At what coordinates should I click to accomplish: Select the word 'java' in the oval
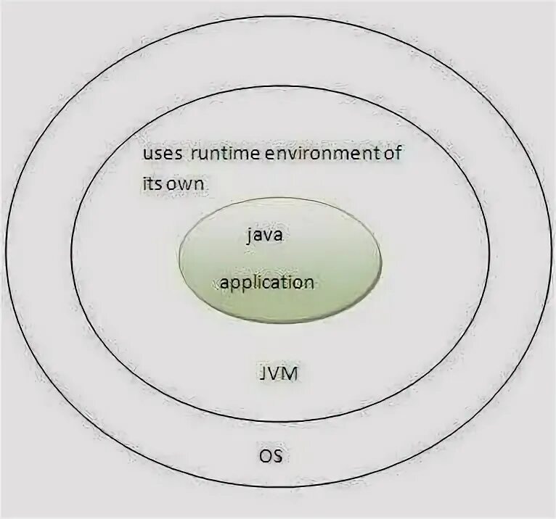click(266, 236)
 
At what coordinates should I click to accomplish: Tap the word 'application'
click(266, 283)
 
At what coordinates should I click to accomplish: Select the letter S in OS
click(277, 457)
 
